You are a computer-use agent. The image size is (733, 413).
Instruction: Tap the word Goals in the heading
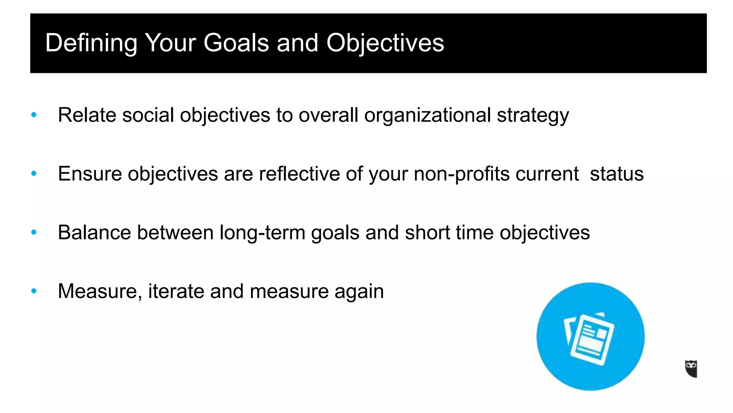pyautogui.click(x=236, y=43)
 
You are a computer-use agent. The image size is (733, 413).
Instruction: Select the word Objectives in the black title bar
pyautogui.click(x=385, y=43)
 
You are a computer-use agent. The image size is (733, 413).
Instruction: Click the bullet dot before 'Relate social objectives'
pyautogui.click(x=34, y=115)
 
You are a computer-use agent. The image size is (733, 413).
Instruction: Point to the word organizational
pyautogui.click(x=427, y=115)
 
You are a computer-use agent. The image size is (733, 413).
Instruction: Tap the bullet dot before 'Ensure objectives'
pyautogui.click(x=34, y=174)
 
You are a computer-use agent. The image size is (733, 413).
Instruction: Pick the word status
pyautogui.click(x=616, y=174)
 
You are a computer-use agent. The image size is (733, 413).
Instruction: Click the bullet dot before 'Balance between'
pyautogui.click(x=34, y=232)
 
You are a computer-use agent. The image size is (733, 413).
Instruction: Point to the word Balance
pyautogui.click(x=94, y=232)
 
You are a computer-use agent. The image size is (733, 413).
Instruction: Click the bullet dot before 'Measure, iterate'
pyautogui.click(x=34, y=291)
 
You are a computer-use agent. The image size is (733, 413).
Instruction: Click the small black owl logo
pyautogui.click(x=691, y=369)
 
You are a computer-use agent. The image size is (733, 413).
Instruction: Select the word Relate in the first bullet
pyautogui.click(x=87, y=115)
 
